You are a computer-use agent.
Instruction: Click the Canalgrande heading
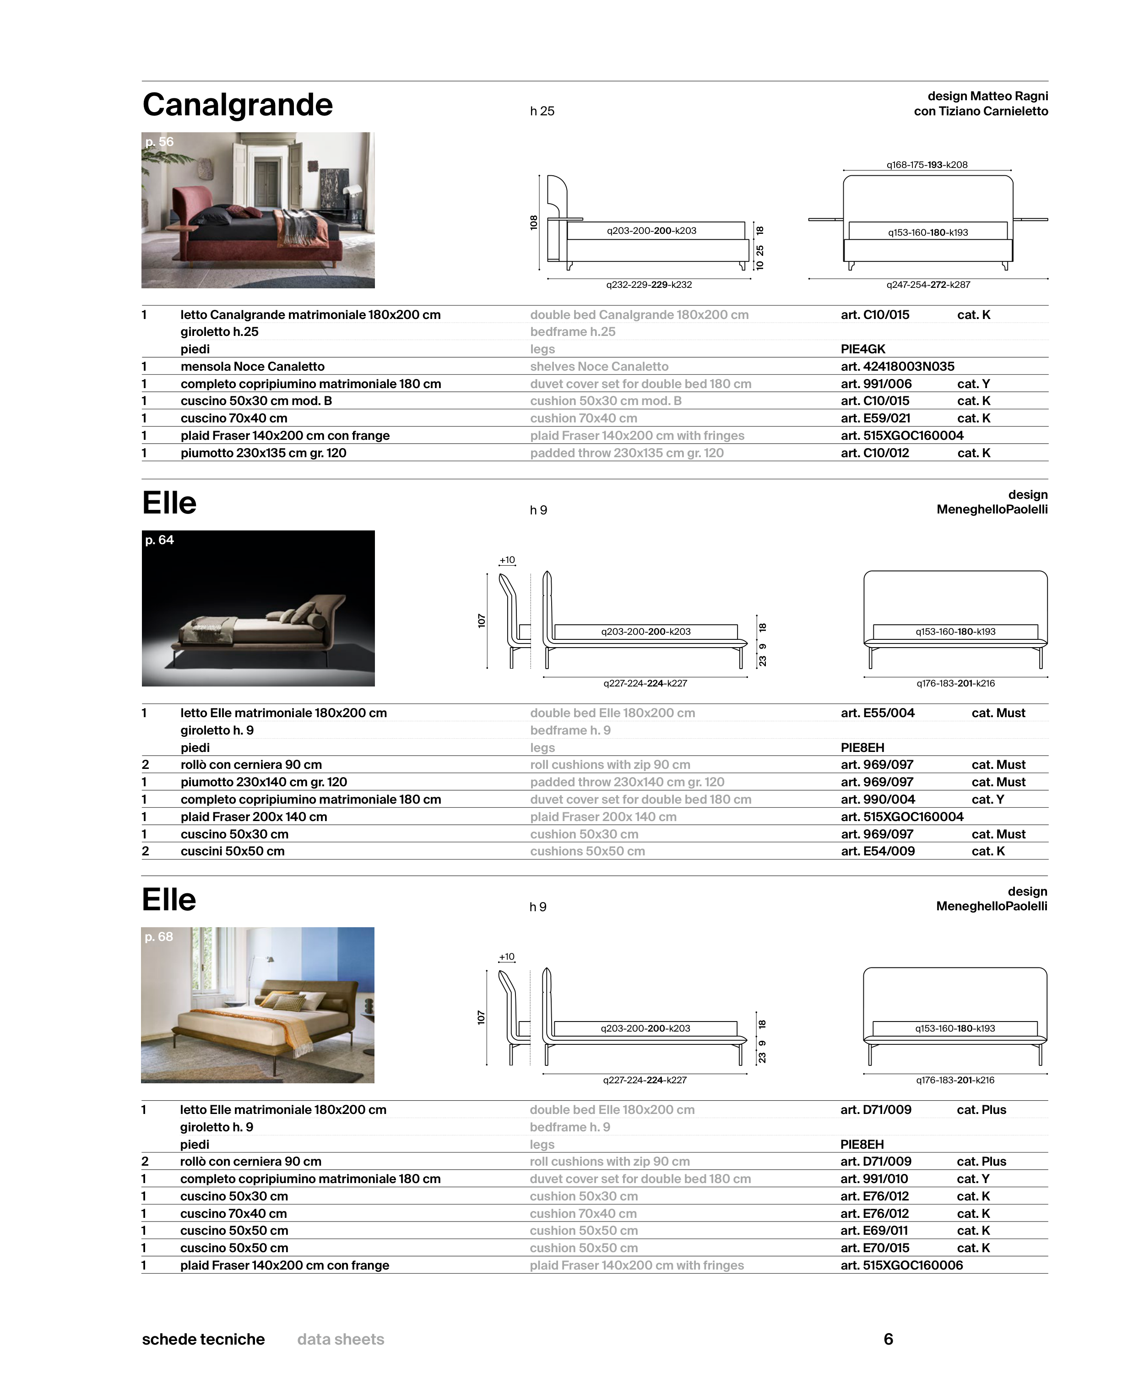click(237, 105)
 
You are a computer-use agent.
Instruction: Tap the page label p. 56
click(159, 141)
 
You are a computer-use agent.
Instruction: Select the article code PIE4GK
click(862, 349)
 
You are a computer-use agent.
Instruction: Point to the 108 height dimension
click(534, 223)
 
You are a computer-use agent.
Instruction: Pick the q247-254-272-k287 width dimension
click(928, 285)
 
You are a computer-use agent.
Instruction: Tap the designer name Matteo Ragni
click(1008, 96)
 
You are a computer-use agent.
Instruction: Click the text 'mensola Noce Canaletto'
click(252, 366)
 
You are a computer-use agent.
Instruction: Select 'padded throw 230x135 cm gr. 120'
click(627, 453)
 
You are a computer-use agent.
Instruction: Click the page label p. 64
click(159, 540)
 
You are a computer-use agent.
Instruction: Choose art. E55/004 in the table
click(877, 713)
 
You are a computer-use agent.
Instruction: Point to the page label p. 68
click(159, 936)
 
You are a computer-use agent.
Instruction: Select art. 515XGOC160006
click(901, 1265)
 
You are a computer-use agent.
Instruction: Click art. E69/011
click(874, 1230)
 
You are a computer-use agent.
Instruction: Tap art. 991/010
click(874, 1178)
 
